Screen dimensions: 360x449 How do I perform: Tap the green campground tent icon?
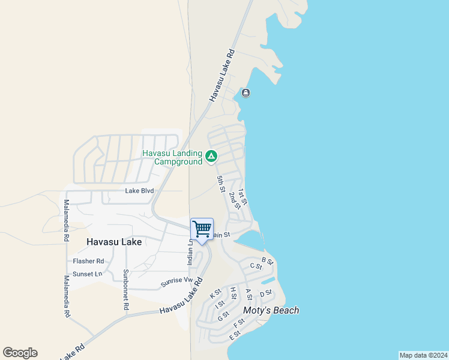point(211,157)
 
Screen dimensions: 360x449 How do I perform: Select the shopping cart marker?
point(202,229)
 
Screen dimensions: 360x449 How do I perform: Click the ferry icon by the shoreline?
point(246,93)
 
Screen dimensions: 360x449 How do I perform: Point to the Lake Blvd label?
point(139,191)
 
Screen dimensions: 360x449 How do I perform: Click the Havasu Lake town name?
point(114,242)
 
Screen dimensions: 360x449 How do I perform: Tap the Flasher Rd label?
point(88,261)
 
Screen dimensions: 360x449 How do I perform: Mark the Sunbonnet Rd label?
point(126,289)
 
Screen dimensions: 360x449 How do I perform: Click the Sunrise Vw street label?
point(176,281)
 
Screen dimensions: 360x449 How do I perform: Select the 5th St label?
point(220,184)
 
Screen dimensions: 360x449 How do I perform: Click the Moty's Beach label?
point(271,310)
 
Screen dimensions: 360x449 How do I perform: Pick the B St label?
point(268,262)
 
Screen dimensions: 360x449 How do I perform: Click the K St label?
point(215,294)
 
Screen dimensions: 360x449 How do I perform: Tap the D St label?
point(266,293)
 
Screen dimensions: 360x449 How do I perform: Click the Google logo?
point(20,353)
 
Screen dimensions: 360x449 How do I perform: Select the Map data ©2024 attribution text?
point(423,355)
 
